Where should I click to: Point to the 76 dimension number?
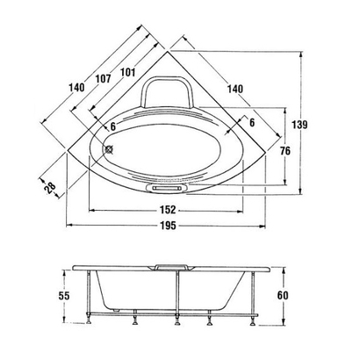click(x=284, y=151)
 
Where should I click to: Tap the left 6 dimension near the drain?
click(x=112, y=126)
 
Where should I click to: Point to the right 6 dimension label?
click(x=251, y=122)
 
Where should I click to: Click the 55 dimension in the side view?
click(x=64, y=296)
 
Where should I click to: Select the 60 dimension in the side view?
click(x=282, y=296)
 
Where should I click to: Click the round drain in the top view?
click(x=110, y=148)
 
